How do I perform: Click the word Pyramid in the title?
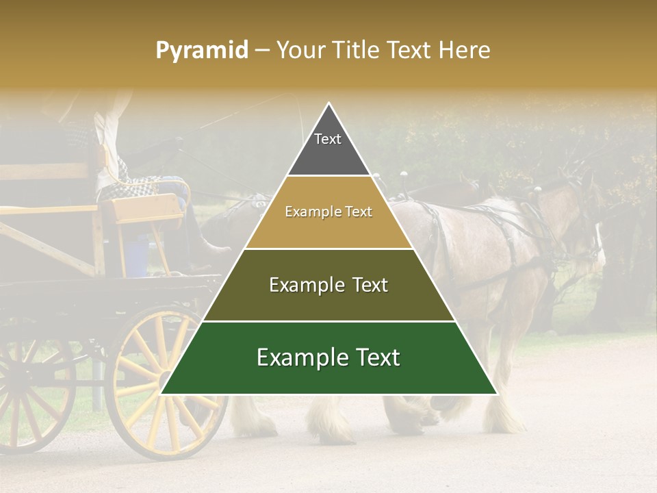[201, 50]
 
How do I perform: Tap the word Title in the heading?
[358, 50]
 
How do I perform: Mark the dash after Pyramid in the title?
[261, 51]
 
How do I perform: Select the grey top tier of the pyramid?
[328, 147]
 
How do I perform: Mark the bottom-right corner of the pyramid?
[496, 394]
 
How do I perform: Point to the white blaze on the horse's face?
[600, 246]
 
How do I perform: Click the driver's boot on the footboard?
[218, 249]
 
